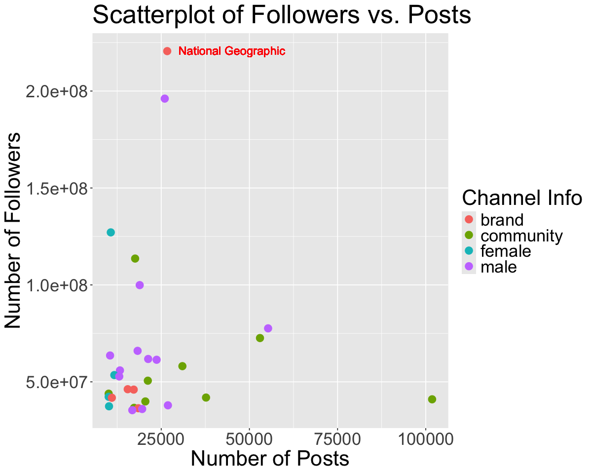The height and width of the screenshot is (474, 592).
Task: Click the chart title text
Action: click(282, 15)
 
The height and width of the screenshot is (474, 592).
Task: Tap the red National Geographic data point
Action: click(167, 51)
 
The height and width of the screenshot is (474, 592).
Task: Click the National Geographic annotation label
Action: click(231, 51)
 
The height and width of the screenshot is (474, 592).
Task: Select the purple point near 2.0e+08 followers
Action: click(165, 99)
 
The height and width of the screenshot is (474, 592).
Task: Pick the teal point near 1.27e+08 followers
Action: click(111, 232)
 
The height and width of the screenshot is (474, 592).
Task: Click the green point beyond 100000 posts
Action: click(432, 399)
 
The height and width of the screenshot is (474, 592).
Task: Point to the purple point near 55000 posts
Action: click(268, 328)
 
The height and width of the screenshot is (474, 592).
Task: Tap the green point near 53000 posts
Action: click(260, 338)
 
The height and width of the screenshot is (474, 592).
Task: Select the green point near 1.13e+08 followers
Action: click(135, 258)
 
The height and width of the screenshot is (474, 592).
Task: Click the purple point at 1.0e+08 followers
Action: click(140, 285)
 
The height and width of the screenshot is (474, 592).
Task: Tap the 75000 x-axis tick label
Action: click(337, 439)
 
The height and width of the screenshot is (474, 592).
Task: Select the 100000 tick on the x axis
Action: click(425, 439)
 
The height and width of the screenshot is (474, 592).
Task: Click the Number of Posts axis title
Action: click(270, 459)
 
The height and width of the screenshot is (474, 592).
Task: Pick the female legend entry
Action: click(505, 251)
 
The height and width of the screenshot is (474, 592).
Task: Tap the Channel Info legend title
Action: click(522, 197)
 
